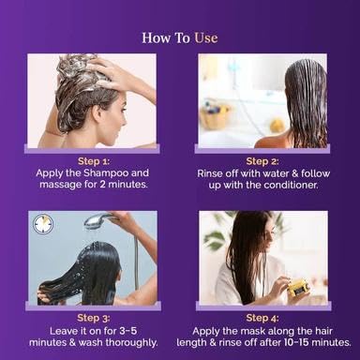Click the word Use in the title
click(x=206, y=37)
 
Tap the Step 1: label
click(x=94, y=161)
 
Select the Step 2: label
click(x=262, y=161)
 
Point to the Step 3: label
click(x=94, y=318)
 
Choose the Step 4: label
click(x=262, y=318)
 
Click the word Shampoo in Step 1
click(x=106, y=173)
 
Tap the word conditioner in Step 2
click(x=291, y=185)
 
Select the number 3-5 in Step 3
click(x=128, y=331)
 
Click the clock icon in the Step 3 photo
click(x=43, y=224)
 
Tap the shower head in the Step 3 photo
click(x=97, y=219)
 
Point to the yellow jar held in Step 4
click(x=297, y=288)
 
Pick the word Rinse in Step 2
click(x=208, y=173)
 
